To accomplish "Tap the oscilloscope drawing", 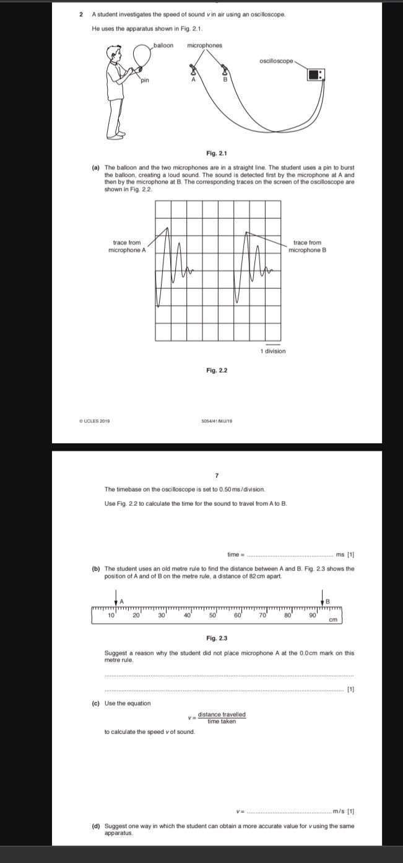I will [316, 74].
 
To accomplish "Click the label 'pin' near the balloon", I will [144, 80].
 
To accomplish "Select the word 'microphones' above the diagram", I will [204, 45].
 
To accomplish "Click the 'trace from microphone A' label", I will [127, 246].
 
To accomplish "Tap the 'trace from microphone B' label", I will [307, 246].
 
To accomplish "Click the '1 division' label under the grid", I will [273, 351].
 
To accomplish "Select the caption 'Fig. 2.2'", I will [217, 370].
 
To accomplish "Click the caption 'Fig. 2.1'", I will [217, 153].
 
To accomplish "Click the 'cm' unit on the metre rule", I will [333, 619].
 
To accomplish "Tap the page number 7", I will [217, 476].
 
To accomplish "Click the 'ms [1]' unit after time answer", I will [345, 554].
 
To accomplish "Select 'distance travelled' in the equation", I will [222, 714].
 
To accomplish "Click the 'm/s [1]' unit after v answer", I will [343, 811].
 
